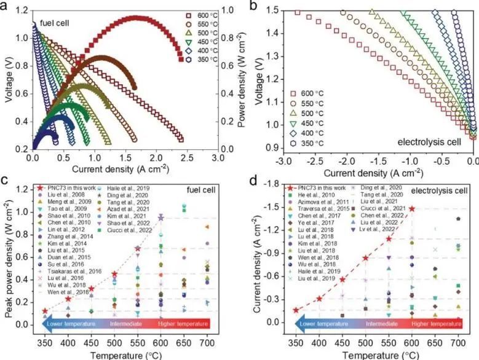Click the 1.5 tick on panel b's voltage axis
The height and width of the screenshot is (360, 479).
274,11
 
